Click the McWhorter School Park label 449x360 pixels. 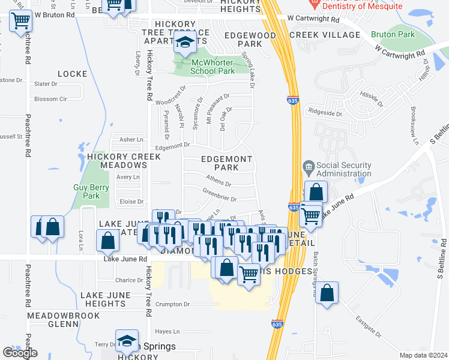tap(212, 67)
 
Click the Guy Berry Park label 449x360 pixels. tap(91, 191)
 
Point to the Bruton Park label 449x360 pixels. tap(393, 34)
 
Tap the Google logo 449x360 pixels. tap(20, 353)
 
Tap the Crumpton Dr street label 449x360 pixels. tap(172, 304)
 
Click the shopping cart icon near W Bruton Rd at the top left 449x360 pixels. tap(20, 20)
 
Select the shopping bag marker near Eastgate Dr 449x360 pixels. tap(327, 293)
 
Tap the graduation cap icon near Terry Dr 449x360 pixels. tap(127, 340)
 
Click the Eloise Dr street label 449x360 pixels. tap(131, 202)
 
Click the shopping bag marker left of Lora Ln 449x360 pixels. tap(53, 227)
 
